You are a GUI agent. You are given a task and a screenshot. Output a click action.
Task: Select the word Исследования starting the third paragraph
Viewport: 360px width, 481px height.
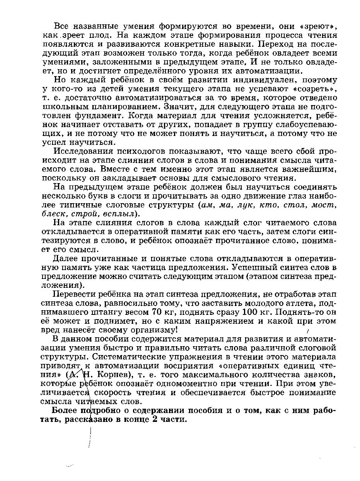(79, 151)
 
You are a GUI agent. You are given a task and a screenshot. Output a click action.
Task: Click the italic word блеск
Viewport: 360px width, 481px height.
(53, 214)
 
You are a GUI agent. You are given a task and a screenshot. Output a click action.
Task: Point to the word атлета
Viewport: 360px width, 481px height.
(297, 303)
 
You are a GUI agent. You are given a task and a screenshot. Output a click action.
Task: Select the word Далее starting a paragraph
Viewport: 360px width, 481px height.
(65, 258)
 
